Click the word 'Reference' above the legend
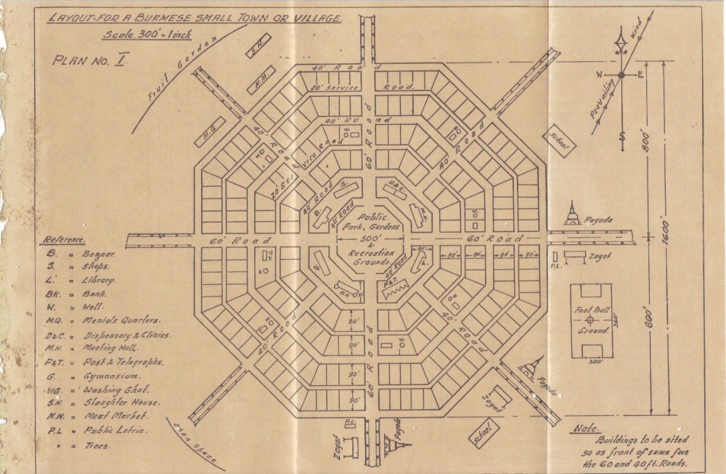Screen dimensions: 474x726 click(66, 238)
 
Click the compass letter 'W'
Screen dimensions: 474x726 click(600, 75)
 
